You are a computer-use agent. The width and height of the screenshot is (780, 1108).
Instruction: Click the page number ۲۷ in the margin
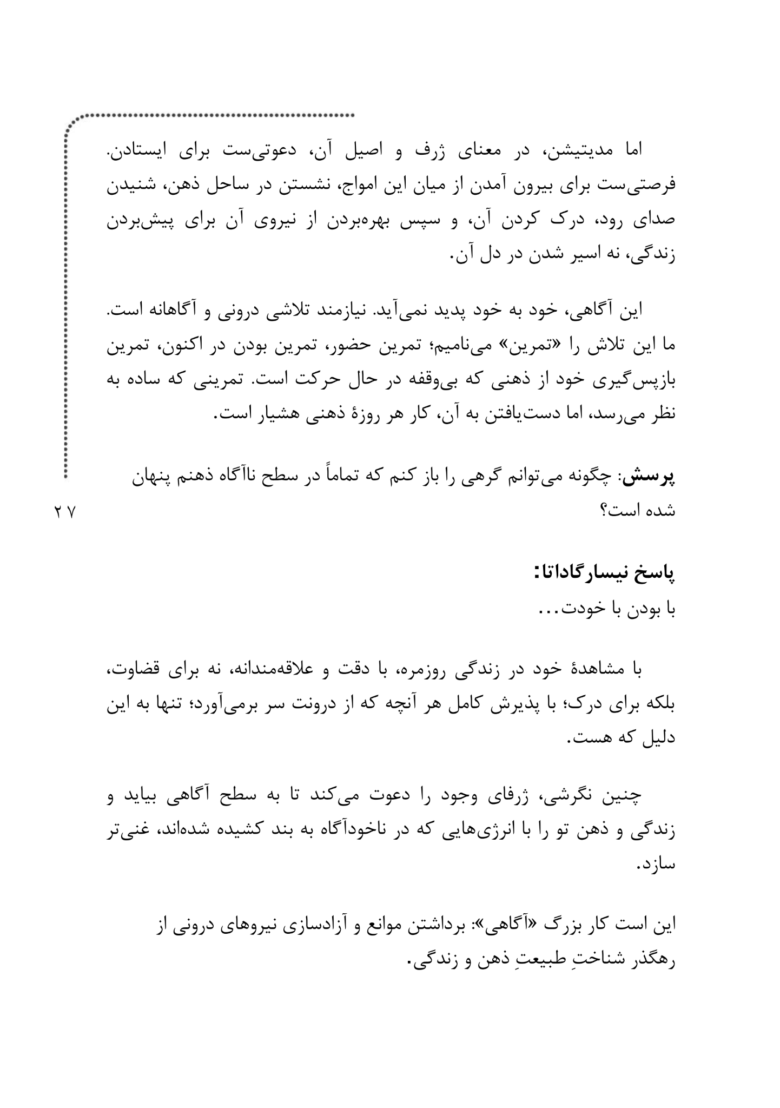(x=65, y=511)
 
